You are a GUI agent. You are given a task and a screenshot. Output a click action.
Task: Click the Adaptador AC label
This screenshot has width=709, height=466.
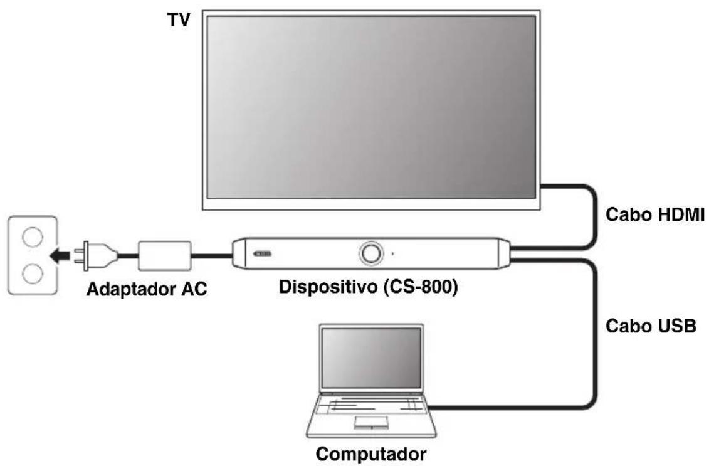tap(147, 290)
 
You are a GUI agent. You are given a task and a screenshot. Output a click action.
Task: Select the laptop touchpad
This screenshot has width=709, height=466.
tap(370, 422)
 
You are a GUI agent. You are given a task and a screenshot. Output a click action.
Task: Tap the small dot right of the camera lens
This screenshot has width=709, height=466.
tap(393, 254)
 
